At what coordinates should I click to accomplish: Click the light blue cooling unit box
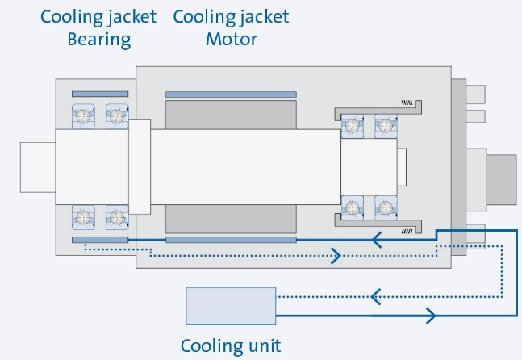pos(231,306)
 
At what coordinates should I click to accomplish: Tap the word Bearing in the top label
pos(99,40)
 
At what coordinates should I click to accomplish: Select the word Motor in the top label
pos(232,40)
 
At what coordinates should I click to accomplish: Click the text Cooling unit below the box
pos(231,345)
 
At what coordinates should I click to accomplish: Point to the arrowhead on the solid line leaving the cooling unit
pos(431,316)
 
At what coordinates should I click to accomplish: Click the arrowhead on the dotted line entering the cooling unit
pos(376,297)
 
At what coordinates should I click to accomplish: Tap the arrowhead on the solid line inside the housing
pos(377,240)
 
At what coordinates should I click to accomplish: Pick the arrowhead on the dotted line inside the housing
pos(336,256)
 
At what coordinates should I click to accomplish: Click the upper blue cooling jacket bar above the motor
pos(231,94)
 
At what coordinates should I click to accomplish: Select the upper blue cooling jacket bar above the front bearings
pos(100,94)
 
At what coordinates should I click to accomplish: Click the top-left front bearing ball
pos(83,116)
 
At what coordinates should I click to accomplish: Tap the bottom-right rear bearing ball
pos(386,207)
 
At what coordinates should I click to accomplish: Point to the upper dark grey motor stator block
pos(231,115)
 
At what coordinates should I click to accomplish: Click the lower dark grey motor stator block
pos(231,219)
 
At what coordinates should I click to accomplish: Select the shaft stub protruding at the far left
pos(38,167)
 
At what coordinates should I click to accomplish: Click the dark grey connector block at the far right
pos(502,180)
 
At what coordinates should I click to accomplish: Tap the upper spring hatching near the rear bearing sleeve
pos(407,103)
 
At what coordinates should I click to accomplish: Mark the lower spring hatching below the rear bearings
pos(407,231)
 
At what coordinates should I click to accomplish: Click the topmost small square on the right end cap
pos(475,94)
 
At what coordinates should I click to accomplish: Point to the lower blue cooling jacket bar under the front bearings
pos(100,240)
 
